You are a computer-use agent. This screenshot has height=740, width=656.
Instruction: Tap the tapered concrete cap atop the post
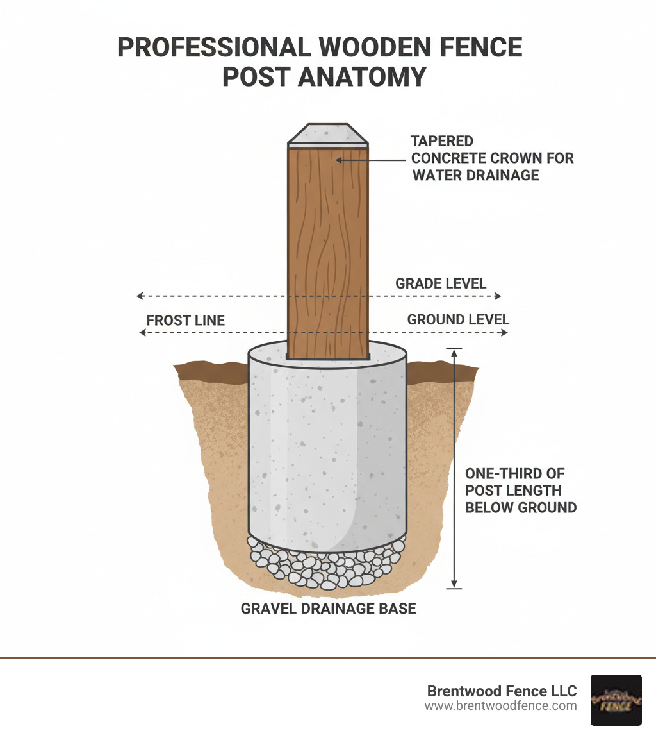point(327,135)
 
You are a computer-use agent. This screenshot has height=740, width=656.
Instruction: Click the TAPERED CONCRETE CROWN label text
point(492,158)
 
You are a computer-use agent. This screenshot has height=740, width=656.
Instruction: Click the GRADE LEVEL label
point(441,283)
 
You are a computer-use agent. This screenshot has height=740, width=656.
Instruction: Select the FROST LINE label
point(185,320)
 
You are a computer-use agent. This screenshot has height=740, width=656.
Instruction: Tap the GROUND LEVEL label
point(458,319)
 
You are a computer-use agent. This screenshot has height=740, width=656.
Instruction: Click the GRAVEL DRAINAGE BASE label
point(328,608)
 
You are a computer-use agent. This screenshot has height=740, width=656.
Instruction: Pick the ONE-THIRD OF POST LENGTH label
point(520,491)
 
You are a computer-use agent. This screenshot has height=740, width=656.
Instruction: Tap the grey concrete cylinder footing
point(327,449)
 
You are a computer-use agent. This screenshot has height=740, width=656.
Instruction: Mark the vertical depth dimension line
point(454,468)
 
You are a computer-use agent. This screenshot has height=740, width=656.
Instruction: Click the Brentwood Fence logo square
point(616,700)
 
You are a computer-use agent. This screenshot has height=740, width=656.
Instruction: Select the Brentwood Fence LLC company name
point(502,691)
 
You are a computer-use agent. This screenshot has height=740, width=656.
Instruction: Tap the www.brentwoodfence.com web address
point(500,706)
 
